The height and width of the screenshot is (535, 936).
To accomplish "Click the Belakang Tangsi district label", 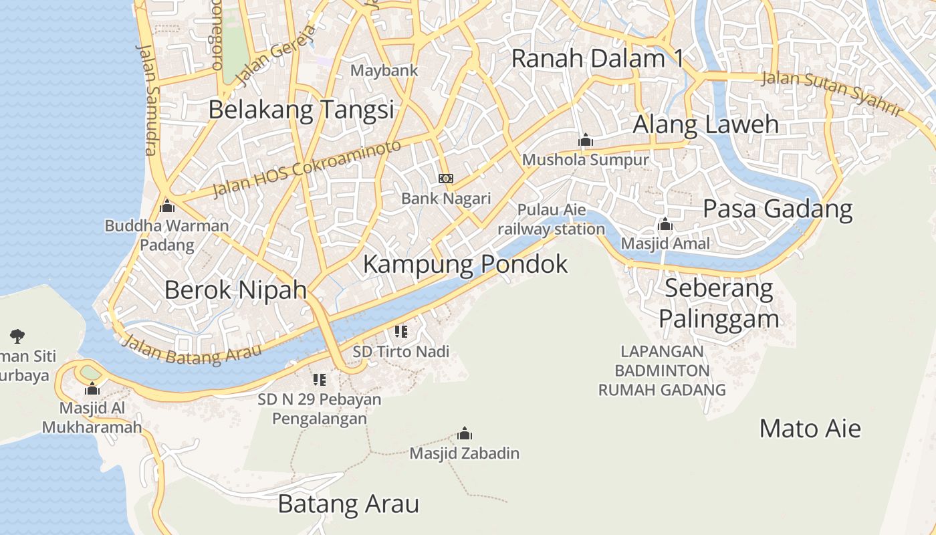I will [x=301, y=109].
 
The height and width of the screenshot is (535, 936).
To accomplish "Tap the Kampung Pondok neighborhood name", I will [x=465, y=264].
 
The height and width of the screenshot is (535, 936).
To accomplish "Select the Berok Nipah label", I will [x=235, y=290].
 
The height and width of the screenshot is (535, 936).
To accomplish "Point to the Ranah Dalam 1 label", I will [x=597, y=59].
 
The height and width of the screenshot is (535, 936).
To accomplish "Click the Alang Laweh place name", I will [x=705, y=124].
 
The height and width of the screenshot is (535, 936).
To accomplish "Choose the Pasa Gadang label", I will [x=778, y=209].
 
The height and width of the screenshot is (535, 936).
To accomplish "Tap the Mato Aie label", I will [x=810, y=428].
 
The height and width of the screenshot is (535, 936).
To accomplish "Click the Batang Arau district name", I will [x=348, y=504].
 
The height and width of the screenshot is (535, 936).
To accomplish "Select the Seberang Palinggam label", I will [x=719, y=304].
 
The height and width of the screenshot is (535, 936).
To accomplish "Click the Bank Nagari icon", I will [x=446, y=179].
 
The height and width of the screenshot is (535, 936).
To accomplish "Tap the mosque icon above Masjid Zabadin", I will [x=465, y=434].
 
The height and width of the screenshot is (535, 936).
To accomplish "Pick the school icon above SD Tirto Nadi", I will [x=401, y=332].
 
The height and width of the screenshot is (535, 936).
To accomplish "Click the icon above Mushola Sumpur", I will [x=586, y=140].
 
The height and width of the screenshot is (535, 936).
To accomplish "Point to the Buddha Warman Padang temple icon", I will [x=167, y=206].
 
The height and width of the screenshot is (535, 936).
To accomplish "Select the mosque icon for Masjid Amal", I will [x=665, y=224].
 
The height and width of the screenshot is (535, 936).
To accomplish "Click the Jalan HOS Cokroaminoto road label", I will [x=307, y=169].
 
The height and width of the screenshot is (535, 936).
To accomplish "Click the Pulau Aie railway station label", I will [x=551, y=219].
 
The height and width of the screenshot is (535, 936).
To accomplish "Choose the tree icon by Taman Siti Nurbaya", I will [x=17, y=336].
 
